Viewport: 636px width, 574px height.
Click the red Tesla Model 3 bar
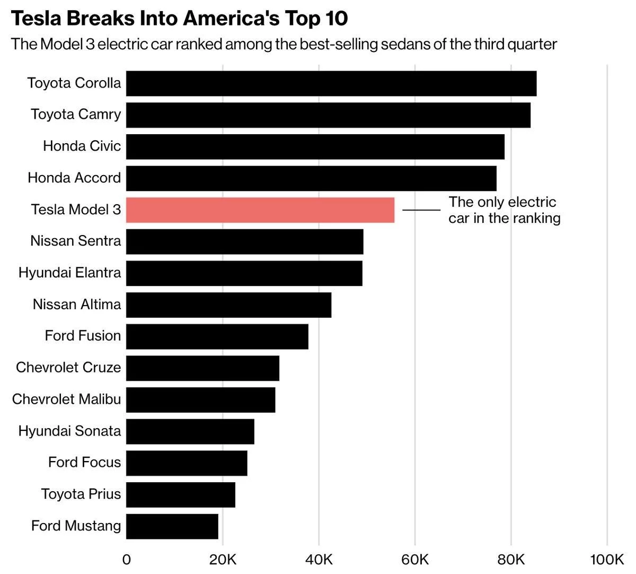click(260, 210)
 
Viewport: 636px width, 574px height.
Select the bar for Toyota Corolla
click(331, 83)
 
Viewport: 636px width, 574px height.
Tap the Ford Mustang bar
click(172, 526)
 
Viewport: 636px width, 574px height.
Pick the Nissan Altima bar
click(228, 305)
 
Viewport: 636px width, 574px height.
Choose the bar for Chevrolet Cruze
click(202, 368)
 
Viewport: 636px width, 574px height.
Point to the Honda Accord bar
click(311, 178)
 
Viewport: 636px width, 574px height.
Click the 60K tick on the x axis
click(415, 560)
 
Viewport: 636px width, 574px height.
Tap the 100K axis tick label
click(607, 560)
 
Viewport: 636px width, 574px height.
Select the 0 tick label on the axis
click(126, 560)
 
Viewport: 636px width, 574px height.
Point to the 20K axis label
click(223, 560)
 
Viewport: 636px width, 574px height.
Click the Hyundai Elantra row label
click(69, 273)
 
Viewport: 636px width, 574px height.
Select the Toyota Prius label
click(81, 494)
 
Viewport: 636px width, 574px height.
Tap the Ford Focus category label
click(84, 462)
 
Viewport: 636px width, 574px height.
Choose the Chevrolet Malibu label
click(66, 399)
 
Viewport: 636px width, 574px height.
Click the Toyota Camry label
click(76, 115)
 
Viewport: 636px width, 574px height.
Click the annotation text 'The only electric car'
click(503, 210)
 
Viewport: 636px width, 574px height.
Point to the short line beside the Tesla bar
click(421, 210)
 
